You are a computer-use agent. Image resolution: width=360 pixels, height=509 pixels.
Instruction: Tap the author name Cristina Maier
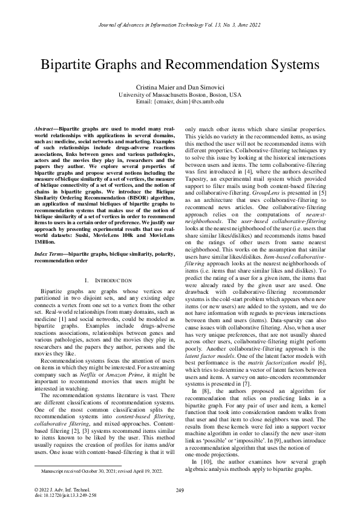pyautogui.click(x=157, y=88)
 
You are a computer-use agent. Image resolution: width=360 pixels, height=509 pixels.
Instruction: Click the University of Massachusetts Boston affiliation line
pyautogui.click(x=180, y=95)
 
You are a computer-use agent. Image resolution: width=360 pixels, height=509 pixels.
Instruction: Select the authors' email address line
pyautogui.click(x=180, y=102)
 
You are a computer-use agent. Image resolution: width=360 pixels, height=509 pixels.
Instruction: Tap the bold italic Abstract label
pyautogui.click(x=44, y=130)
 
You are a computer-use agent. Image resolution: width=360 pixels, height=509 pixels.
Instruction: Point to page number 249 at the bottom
pyautogui.click(x=180, y=490)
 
